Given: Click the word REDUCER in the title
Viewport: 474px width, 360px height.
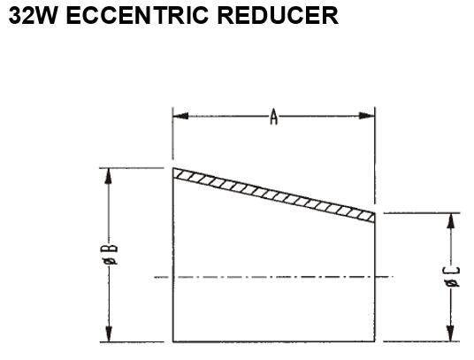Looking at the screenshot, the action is click(278, 16).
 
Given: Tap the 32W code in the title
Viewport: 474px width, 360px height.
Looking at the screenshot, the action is click(33, 16).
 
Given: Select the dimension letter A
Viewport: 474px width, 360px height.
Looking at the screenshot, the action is click(273, 118).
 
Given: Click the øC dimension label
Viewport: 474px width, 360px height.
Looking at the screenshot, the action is click(453, 277).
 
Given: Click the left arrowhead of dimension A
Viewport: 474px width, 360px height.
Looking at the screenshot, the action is click(180, 116).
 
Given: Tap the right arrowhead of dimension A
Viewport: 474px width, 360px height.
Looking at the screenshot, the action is click(367, 116).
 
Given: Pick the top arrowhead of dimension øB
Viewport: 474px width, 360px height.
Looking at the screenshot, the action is click(109, 176).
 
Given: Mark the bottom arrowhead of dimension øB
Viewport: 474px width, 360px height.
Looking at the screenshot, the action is click(109, 334).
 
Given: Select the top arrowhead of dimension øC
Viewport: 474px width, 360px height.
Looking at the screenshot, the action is click(451, 220).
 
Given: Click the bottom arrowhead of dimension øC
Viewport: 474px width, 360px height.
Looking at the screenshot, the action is click(451, 333).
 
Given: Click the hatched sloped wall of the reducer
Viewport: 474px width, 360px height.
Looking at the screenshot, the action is click(274, 195).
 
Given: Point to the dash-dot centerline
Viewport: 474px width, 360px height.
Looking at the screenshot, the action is click(273, 277).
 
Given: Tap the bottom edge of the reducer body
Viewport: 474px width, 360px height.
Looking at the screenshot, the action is click(274, 341).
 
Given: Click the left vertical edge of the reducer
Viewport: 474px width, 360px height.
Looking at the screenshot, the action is click(173, 255).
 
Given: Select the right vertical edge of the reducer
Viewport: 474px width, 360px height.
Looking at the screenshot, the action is click(375, 278).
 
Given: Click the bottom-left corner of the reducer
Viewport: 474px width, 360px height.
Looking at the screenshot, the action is click(173, 341).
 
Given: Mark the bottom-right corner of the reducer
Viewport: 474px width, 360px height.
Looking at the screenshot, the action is click(375, 341).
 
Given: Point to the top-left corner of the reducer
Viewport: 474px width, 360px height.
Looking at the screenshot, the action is click(173, 168).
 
